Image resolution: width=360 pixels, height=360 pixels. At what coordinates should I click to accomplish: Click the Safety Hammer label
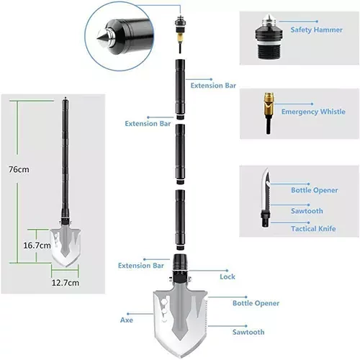[x=316, y=30]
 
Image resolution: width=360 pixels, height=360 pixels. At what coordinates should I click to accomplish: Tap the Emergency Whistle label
[x=313, y=112]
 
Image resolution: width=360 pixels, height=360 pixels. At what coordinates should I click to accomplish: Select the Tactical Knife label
[x=313, y=228]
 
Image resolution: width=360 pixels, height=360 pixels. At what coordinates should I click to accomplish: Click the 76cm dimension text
[x=19, y=169]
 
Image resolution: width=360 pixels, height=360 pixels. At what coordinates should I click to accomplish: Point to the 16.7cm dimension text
[x=37, y=246]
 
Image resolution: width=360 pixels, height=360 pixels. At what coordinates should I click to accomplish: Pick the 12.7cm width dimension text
[x=66, y=283]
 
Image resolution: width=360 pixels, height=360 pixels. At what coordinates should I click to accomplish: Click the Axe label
[x=127, y=320]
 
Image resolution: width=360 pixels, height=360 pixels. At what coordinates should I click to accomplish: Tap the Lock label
[x=228, y=276]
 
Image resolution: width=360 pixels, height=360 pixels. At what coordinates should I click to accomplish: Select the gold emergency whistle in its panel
[x=269, y=104]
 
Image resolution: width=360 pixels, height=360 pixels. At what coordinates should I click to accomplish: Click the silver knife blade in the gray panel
[x=266, y=189]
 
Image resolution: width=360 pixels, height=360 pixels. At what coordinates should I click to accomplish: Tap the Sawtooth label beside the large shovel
[x=248, y=332]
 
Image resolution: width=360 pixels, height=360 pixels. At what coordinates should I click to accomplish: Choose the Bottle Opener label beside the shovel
[x=256, y=303]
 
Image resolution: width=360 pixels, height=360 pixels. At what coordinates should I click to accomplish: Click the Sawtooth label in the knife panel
[x=307, y=211]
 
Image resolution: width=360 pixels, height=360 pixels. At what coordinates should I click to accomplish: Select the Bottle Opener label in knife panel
[x=314, y=190]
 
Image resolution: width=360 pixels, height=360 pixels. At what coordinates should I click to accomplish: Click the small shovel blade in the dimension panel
[x=66, y=247]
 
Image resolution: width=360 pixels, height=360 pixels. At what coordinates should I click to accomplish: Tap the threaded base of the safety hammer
[x=269, y=51]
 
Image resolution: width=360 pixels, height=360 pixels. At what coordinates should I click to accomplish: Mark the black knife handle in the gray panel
[x=266, y=218]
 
